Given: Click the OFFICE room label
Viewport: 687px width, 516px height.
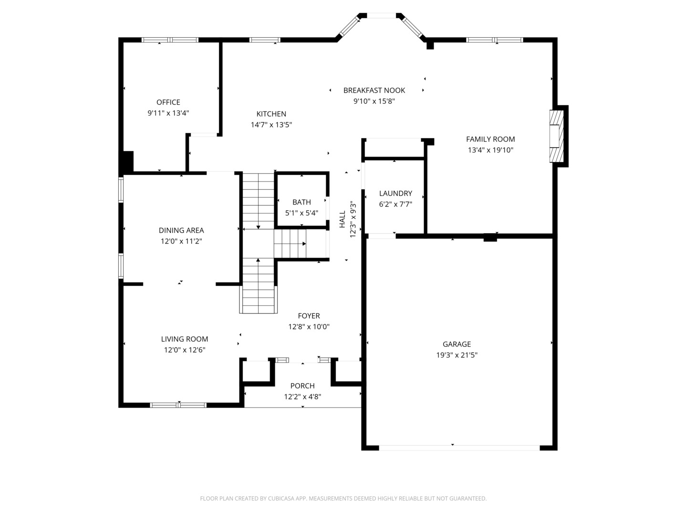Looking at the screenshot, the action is tap(168, 102).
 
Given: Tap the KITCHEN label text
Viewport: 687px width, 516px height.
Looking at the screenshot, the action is tap(271, 114).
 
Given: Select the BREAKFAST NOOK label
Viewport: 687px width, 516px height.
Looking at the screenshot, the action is tap(374, 90).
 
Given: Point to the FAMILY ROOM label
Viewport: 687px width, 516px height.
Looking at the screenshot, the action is tap(490, 139).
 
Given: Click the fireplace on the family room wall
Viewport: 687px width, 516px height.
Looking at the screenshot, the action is tap(556, 136).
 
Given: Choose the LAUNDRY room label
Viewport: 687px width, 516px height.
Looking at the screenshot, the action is tap(396, 193).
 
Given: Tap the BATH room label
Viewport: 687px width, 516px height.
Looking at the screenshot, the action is tap(302, 202).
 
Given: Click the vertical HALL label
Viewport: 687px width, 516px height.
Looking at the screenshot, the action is tap(343, 219).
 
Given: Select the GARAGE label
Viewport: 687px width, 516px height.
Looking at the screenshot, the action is tap(457, 344).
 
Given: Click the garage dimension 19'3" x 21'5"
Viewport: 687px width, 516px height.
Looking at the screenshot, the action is tap(457, 355).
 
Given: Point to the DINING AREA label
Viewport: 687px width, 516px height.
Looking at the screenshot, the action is tap(181, 230).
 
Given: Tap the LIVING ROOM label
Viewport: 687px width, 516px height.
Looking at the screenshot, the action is tap(184, 339).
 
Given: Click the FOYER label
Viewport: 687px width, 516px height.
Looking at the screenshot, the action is tap(309, 316).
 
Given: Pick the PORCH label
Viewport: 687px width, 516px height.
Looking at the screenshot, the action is tap(302, 386).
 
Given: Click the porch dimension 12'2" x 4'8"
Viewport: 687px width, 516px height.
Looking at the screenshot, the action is tap(302, 397).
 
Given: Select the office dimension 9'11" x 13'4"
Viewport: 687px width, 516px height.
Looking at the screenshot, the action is tap(168, 113).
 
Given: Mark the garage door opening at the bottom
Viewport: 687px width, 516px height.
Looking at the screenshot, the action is tap(459, 448).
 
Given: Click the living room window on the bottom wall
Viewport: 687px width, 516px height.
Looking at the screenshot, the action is tap(178, 405).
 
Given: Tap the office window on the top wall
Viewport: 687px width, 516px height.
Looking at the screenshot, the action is tap(170, 40).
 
